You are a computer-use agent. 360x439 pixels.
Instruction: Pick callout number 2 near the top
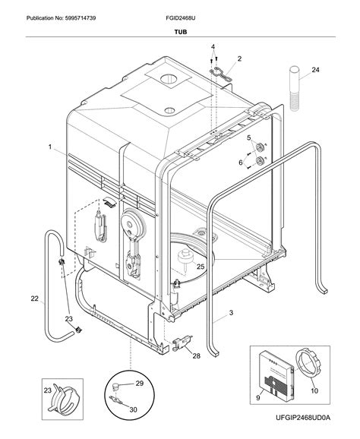(x=239, y=58)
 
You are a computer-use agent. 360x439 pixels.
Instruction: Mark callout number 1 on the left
(x=49, y=147)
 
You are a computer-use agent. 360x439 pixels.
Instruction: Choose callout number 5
(x=248, y=137)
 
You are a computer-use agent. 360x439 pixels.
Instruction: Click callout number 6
(x=241, y=163)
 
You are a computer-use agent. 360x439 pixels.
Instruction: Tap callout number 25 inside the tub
(x=201, y=267)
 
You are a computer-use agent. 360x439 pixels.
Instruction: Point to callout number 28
(x=196, y=355)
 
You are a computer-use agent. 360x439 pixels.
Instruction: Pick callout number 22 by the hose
(x=34, y=298)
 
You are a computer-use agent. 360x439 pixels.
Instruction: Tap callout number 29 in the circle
(x=139, y=384)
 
